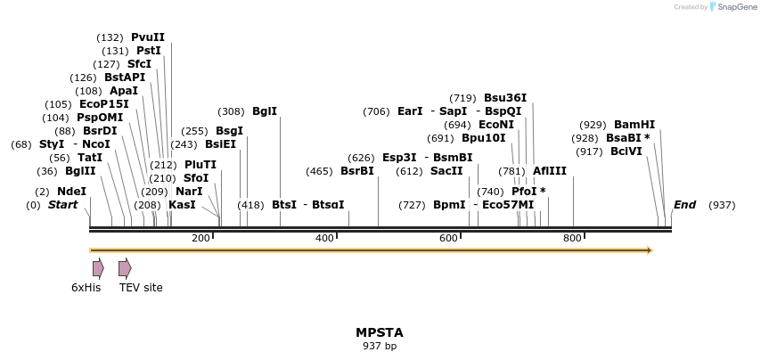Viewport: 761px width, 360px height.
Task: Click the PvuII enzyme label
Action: pos(147,37)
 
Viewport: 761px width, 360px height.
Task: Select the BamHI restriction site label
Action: pos(634,125)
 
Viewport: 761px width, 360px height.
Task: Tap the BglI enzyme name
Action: pos(265,111)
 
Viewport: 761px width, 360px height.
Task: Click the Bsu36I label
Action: pos(505,98)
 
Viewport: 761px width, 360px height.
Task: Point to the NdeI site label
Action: pos(71,192)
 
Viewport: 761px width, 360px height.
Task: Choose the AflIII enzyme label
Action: pos(549,171)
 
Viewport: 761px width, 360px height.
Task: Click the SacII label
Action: pos(446,171)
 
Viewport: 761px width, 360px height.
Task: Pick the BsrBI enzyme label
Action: pos(357,171)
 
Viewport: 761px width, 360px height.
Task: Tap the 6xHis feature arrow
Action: pos(98,268)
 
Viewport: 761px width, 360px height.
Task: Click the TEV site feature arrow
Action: pos(125,268)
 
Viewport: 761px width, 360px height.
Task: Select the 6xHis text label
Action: pos(86,287)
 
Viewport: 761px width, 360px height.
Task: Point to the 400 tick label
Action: pos(324,237)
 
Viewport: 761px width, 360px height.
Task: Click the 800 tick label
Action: pos(572,237)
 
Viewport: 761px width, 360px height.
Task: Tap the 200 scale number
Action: pos(200,237)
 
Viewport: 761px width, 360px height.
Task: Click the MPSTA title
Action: pos(380,332)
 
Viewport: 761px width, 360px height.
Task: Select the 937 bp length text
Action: pos(380,346)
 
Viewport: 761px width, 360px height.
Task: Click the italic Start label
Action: pos(62,205)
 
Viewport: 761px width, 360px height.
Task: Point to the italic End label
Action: pos(684,205)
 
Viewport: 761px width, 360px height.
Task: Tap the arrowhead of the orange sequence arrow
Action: pos(650,250)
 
